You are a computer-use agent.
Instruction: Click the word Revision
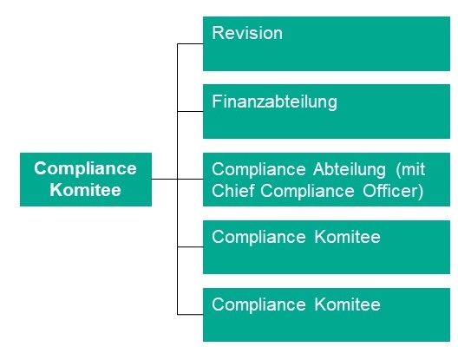[x=247, y=33]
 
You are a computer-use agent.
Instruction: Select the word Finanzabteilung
[x=274, y=102]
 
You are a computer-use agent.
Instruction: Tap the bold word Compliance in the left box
[x=85, y=169]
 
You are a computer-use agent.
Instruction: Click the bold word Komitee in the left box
[x=85, y=190]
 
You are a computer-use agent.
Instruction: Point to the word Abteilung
[x=350, y=170]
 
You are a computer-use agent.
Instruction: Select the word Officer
[x=389, y=191]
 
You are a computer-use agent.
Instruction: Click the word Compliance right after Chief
[x=307, y=192]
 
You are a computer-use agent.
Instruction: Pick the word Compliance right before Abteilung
[x=258, y=170]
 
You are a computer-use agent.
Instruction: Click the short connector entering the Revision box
[x=190, y=44]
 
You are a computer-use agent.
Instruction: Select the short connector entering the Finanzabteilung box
[x=190, y=111]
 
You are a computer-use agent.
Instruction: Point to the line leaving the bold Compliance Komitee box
[x=165, y=179]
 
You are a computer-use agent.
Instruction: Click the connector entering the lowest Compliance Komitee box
[x=190, y=314]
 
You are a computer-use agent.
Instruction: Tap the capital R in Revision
[x=218, y=33]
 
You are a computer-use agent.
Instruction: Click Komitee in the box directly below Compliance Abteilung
[x=348, y=237]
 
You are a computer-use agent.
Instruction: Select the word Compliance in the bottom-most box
[x=258, y=305]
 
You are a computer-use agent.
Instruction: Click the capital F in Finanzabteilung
[x=217, y=101]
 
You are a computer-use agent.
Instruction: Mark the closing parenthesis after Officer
[x=421, y=192]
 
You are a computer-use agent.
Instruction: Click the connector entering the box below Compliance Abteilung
[x=190, y=247]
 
